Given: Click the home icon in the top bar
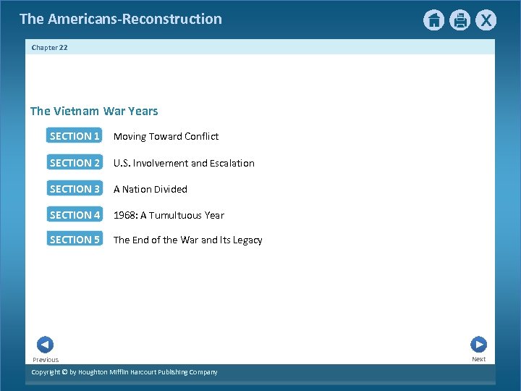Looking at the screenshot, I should click(x=433, y=20).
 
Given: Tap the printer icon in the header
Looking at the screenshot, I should click(x=460, y=20).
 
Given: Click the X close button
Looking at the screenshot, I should click(x=486, y=20).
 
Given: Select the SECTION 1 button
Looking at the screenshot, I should click(x=75, y=136).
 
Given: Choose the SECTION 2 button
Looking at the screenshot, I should click(x=75, y=163).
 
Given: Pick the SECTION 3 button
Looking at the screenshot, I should click(x=75, y=189).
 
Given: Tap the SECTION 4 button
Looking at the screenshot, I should click(x=75, y=215).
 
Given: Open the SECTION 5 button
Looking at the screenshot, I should click(x=75, y=240).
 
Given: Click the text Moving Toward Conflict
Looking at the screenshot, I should click(x=166, y=136).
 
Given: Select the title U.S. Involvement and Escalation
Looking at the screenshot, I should click(x=184, y=163).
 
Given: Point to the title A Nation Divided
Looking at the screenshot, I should click(x=151, y=189).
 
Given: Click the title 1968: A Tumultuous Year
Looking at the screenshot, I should click(x=169, y=215).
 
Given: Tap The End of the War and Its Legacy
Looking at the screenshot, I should click(x=188, y=240).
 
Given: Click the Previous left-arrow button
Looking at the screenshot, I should click(x=45, y=345).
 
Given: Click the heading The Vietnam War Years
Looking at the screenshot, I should click(x=94, y=111).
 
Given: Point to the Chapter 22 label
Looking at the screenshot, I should click(x=49, y=48).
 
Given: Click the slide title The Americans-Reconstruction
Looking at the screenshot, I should click(x=121, y=19).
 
